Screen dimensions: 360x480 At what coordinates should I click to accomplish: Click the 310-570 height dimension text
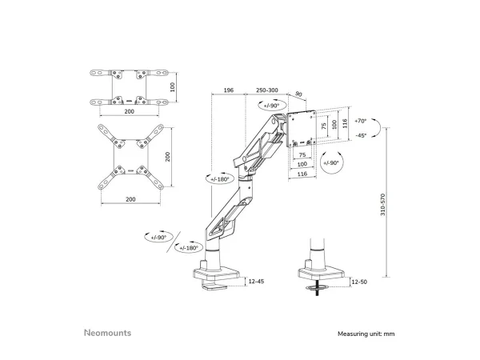[386, 209]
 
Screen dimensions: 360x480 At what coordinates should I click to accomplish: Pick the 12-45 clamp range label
[257, 281]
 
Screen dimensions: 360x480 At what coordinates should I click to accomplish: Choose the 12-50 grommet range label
[359, 281]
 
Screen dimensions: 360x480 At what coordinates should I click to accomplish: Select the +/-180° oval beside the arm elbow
[220, 180]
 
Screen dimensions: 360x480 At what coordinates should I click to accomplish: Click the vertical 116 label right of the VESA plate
[346, 125]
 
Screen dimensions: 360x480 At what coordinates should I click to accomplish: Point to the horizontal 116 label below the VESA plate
[302, 173]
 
